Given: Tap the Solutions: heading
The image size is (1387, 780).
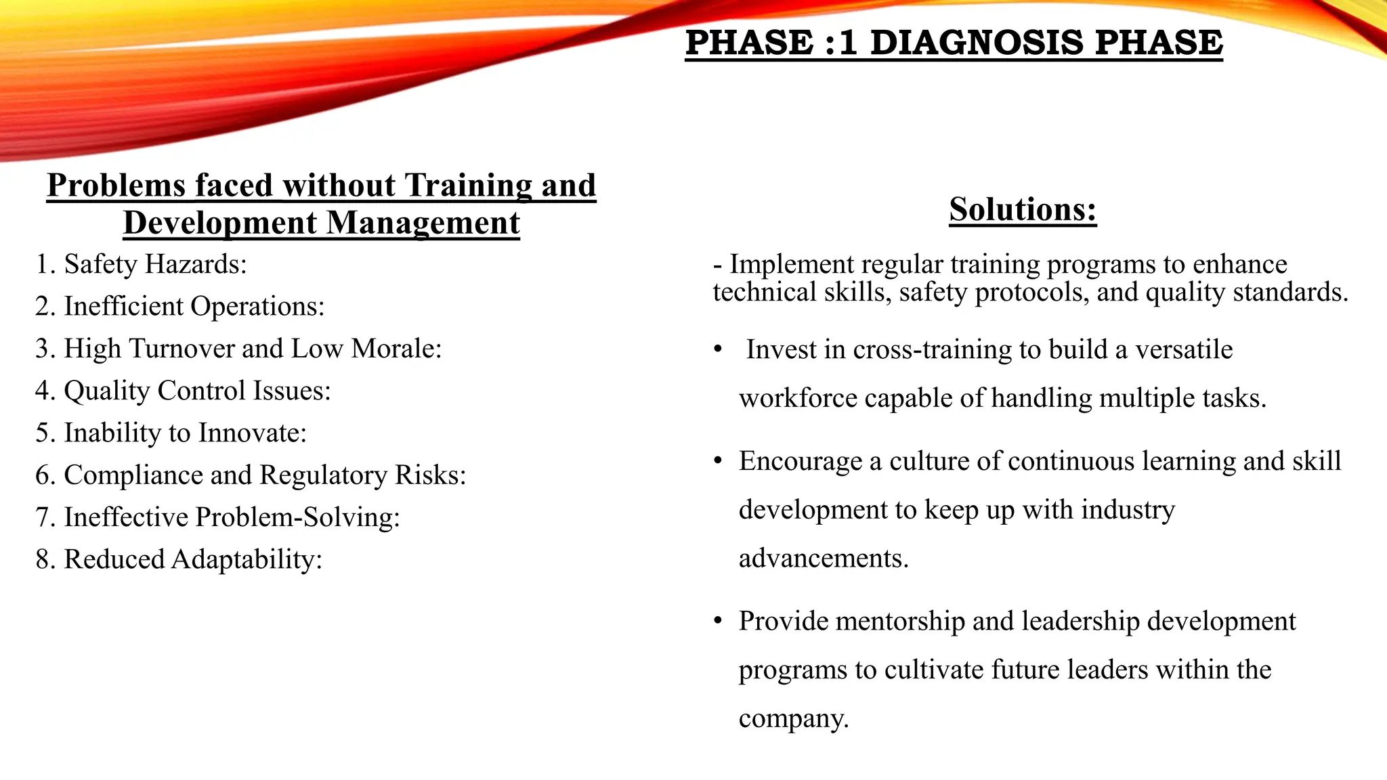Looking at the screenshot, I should coord(1023,209).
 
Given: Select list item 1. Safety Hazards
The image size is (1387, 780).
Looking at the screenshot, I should coord(142,264).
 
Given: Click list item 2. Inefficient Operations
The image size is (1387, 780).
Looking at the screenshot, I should coord(180,306).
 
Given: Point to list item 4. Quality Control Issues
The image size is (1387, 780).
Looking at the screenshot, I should coord(183,391).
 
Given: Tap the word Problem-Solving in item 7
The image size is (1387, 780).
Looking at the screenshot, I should coord(298,517).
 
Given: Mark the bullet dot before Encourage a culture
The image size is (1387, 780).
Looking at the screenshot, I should coord(718,461).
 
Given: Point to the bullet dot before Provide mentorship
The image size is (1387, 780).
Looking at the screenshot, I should coord(718,621).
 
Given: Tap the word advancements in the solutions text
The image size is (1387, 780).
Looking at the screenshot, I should coord(824,559).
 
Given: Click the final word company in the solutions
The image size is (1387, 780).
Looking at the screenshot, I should coord(793,718).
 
